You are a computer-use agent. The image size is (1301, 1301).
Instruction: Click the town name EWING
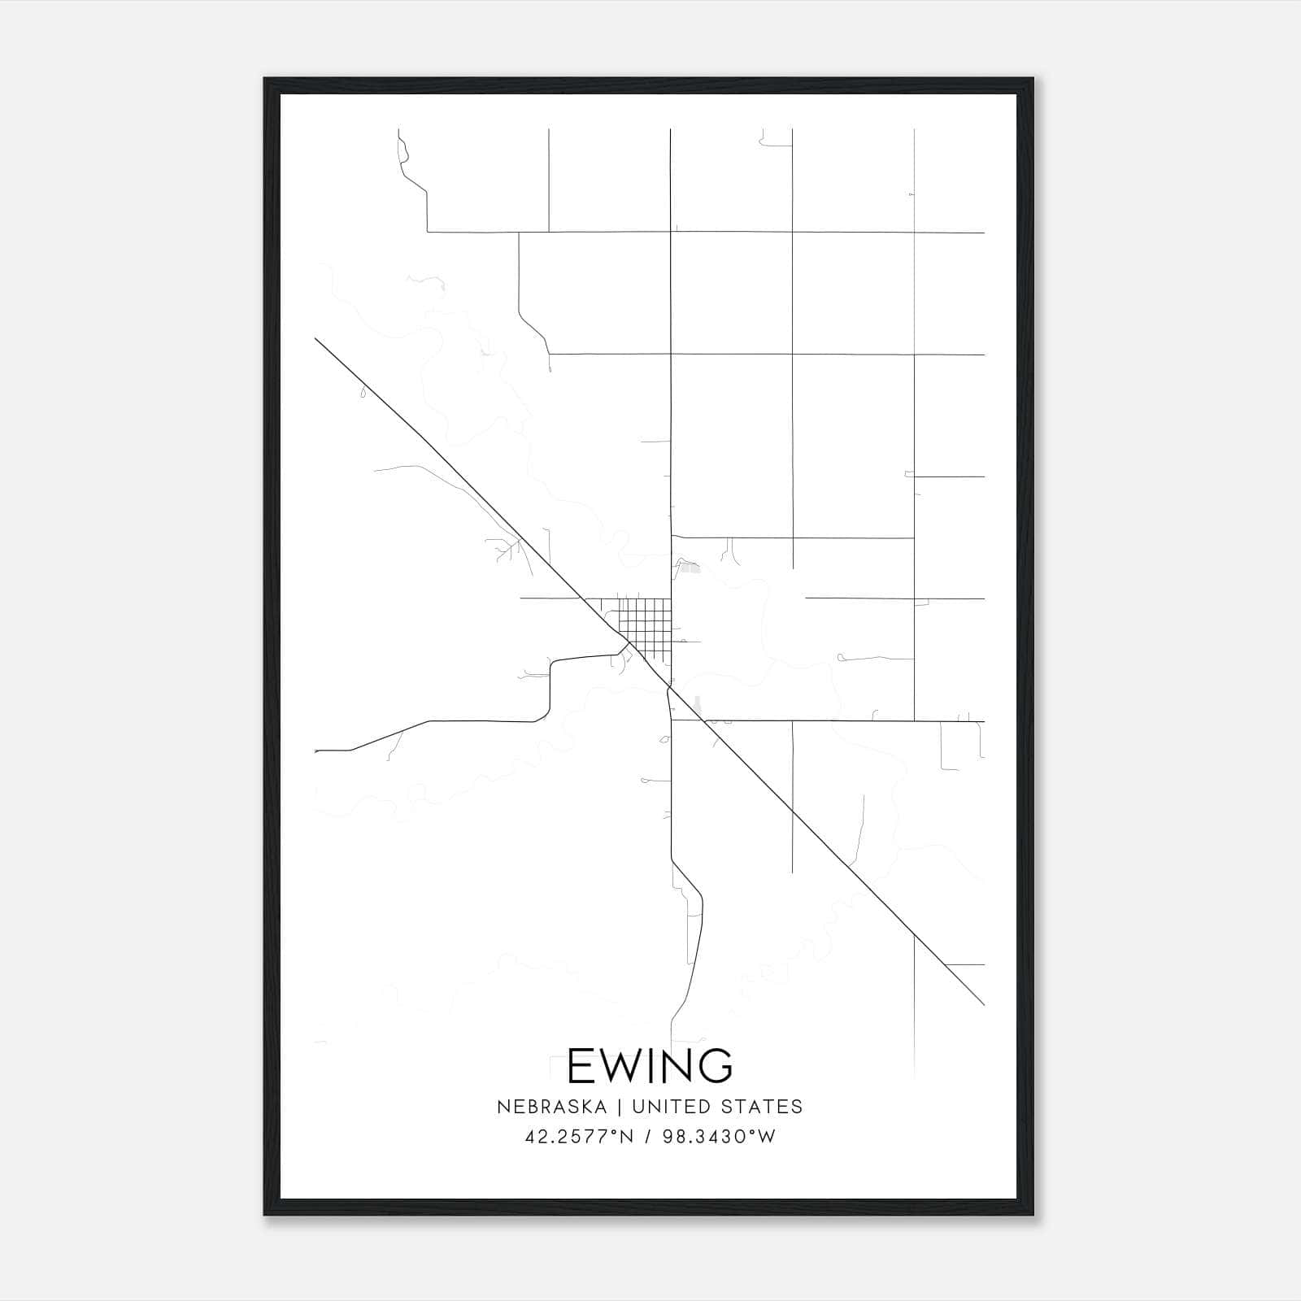tap(650, 1065)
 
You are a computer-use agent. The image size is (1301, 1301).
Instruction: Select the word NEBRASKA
tap(550, 1107)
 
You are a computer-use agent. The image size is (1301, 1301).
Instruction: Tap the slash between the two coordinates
tap(648, 1137)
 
